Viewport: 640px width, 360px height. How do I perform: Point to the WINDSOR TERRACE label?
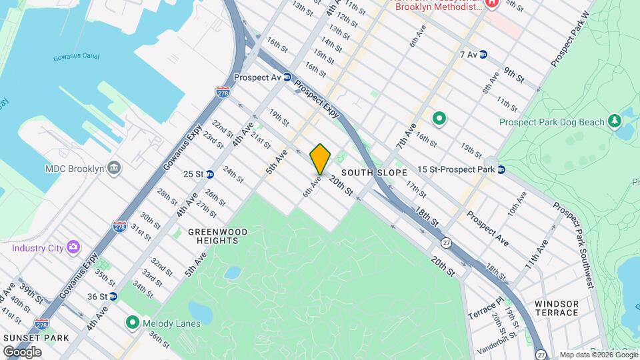pos(556,308)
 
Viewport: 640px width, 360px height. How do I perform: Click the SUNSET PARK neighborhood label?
pos(36,338)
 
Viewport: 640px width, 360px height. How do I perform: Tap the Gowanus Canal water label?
pos(76,57)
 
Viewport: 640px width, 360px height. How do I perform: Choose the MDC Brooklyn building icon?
pos(114,167)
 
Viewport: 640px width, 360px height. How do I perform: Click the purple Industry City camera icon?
pos(73,248)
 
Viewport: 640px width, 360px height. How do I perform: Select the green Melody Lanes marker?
pos(133,323)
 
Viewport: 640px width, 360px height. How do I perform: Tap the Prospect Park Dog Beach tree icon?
pos(614,122)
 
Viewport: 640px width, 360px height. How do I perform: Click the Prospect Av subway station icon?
pos(287,77)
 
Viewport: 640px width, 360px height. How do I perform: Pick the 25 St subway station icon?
pos(209,174)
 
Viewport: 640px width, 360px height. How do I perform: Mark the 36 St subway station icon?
pos(113,296)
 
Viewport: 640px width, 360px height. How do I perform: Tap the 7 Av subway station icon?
pos(483,55)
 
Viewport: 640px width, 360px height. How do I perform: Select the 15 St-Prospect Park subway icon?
pos(501,169)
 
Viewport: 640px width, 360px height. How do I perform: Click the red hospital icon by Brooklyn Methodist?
pos(492,4)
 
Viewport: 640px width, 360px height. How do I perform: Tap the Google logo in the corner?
pos(22,351)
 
